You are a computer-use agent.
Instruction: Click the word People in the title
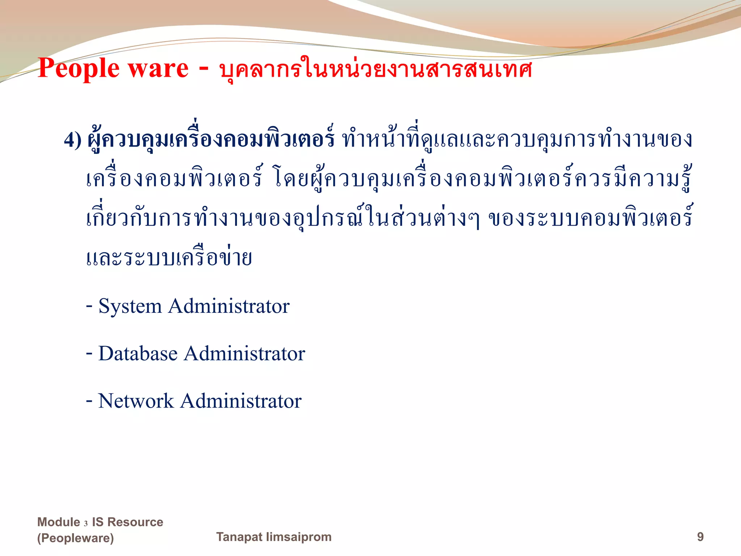79,69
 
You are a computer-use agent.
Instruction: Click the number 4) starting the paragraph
73,140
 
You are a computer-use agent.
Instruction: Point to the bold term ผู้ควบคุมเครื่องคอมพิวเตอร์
211,139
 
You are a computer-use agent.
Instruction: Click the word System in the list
130,306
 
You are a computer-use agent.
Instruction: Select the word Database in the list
138,354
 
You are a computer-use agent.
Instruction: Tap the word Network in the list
136,401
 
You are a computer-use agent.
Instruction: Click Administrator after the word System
229,306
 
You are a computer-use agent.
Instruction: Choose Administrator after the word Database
245,354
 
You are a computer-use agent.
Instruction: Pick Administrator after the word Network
241,401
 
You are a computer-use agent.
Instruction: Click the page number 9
700,537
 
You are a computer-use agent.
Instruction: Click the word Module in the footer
59,522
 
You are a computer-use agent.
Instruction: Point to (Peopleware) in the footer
75,538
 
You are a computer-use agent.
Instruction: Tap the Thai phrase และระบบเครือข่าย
169,258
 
